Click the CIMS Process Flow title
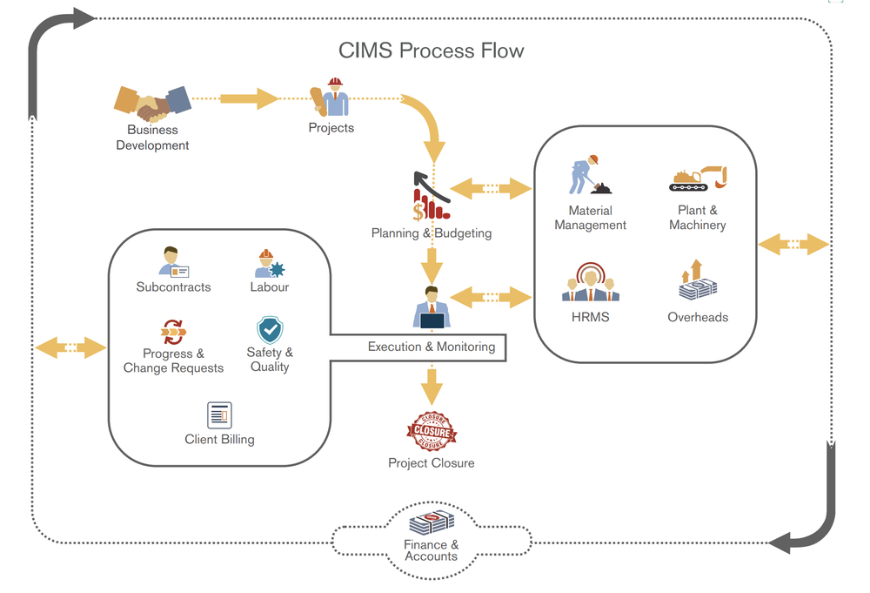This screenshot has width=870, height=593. pos(432,51)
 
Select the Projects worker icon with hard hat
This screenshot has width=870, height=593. pos(331,98)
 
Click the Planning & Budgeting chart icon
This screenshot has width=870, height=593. pos(431,195)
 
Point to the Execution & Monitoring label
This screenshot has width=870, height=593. pos(432,347)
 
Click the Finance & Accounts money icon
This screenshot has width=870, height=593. pos(432,523)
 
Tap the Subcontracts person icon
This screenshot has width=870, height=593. pos(174,261)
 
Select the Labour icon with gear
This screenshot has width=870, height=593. pos(266,263)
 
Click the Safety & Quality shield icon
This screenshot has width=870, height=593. pos(270,330)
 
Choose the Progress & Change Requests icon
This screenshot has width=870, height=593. pos(173,332)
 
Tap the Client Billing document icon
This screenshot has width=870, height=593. pos(219,415)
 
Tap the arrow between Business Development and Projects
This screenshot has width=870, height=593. pos(248,98)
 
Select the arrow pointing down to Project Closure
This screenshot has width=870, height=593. pos(432,383)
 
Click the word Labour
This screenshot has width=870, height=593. pos(269,286)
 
